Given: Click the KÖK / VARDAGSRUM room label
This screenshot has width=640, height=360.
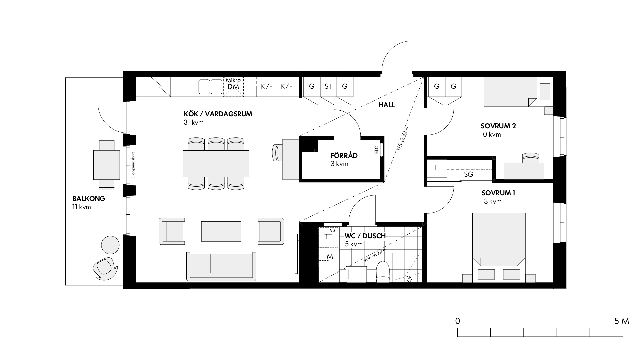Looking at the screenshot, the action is [218, 114].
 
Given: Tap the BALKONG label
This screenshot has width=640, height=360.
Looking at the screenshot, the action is [88, 199].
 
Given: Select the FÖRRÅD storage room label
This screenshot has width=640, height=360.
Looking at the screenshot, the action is [344, 155].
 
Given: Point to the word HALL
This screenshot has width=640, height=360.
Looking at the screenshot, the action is [387, 105].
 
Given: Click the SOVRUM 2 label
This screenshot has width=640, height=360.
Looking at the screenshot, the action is [498, 126].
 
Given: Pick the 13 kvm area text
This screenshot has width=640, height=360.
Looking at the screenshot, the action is [491, 202].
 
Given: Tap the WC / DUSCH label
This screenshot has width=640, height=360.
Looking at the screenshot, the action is [365, 236].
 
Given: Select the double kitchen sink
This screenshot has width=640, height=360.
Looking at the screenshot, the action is [211, 87].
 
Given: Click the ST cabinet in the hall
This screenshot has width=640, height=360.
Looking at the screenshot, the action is [328, 87].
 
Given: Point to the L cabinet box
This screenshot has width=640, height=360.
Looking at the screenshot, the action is [437, 168].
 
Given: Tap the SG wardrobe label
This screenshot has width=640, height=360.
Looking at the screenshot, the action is [468, 174].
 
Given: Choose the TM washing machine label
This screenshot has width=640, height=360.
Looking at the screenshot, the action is [328, 256].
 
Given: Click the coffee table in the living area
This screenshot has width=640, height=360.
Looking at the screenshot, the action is [221, 231].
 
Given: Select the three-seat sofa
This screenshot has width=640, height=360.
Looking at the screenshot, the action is [221, 266].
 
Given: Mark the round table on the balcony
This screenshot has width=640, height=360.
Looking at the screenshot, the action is [110, 245].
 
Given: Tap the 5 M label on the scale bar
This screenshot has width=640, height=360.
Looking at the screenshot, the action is [621, 321].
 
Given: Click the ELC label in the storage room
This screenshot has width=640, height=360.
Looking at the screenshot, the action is [376, 150].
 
